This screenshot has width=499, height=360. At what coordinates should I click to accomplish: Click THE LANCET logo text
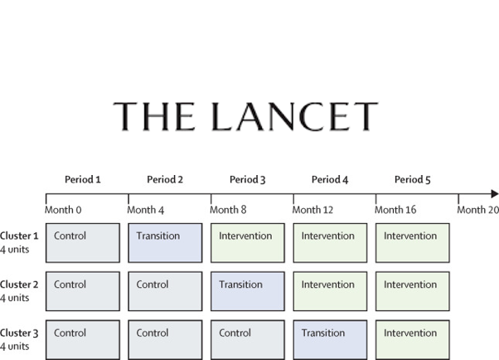245,117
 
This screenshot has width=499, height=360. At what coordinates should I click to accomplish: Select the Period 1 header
83,180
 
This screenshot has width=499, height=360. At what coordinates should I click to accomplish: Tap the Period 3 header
248,180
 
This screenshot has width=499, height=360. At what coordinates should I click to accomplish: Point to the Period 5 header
413,180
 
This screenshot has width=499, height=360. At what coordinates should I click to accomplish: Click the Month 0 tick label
63,210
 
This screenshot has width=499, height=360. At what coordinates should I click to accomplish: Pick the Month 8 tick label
228,210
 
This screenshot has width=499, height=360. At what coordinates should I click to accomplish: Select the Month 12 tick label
312,210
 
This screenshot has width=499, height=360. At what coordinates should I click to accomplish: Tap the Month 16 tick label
395,210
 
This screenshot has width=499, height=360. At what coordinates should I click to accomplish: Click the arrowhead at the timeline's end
495,194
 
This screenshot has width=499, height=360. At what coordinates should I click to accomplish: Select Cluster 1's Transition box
165,243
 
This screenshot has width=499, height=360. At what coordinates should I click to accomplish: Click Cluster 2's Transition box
248,291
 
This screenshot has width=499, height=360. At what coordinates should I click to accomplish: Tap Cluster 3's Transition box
330,340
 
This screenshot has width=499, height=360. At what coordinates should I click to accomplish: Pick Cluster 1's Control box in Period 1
83,243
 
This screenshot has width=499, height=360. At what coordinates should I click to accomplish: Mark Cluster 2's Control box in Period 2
165,291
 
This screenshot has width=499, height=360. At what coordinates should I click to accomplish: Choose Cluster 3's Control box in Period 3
248,340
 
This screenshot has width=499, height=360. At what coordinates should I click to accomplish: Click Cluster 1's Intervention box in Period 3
248,243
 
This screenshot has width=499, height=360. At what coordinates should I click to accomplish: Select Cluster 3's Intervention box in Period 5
413,340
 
